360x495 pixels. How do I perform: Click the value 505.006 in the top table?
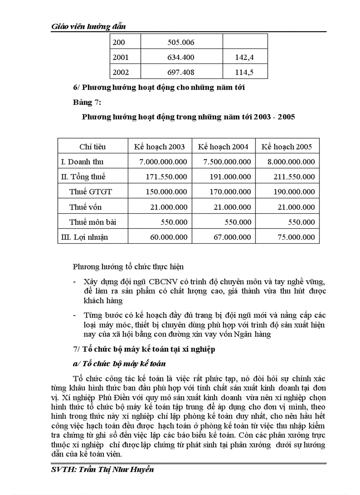[181, 43]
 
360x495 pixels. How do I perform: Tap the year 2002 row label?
[121, 72]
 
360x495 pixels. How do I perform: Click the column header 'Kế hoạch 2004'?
[223, 147]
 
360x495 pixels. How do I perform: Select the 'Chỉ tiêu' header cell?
[92, 147]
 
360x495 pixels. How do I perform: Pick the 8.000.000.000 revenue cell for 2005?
[291, 162]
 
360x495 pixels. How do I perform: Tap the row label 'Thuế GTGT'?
[90, 192]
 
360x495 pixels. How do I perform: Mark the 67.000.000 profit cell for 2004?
[231, 237]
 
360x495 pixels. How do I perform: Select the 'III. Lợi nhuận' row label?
[84, 237]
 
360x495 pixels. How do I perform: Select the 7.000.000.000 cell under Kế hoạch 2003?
[163, 162]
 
